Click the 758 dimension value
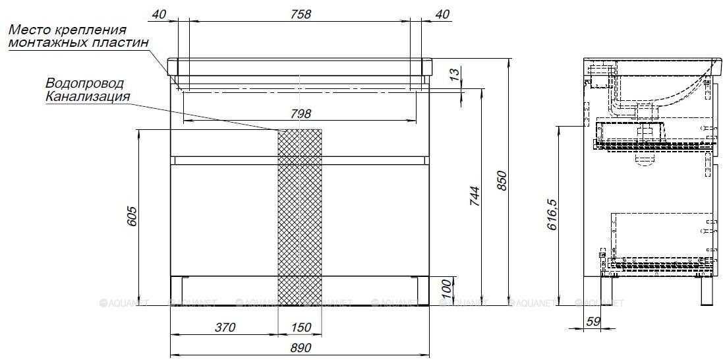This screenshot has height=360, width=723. point(301,15)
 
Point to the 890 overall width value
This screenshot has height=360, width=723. point(301,347)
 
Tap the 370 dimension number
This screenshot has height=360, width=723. point(225,328)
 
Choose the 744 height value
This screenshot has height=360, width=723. point(474,197)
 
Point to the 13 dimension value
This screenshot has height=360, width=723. point(455,73)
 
